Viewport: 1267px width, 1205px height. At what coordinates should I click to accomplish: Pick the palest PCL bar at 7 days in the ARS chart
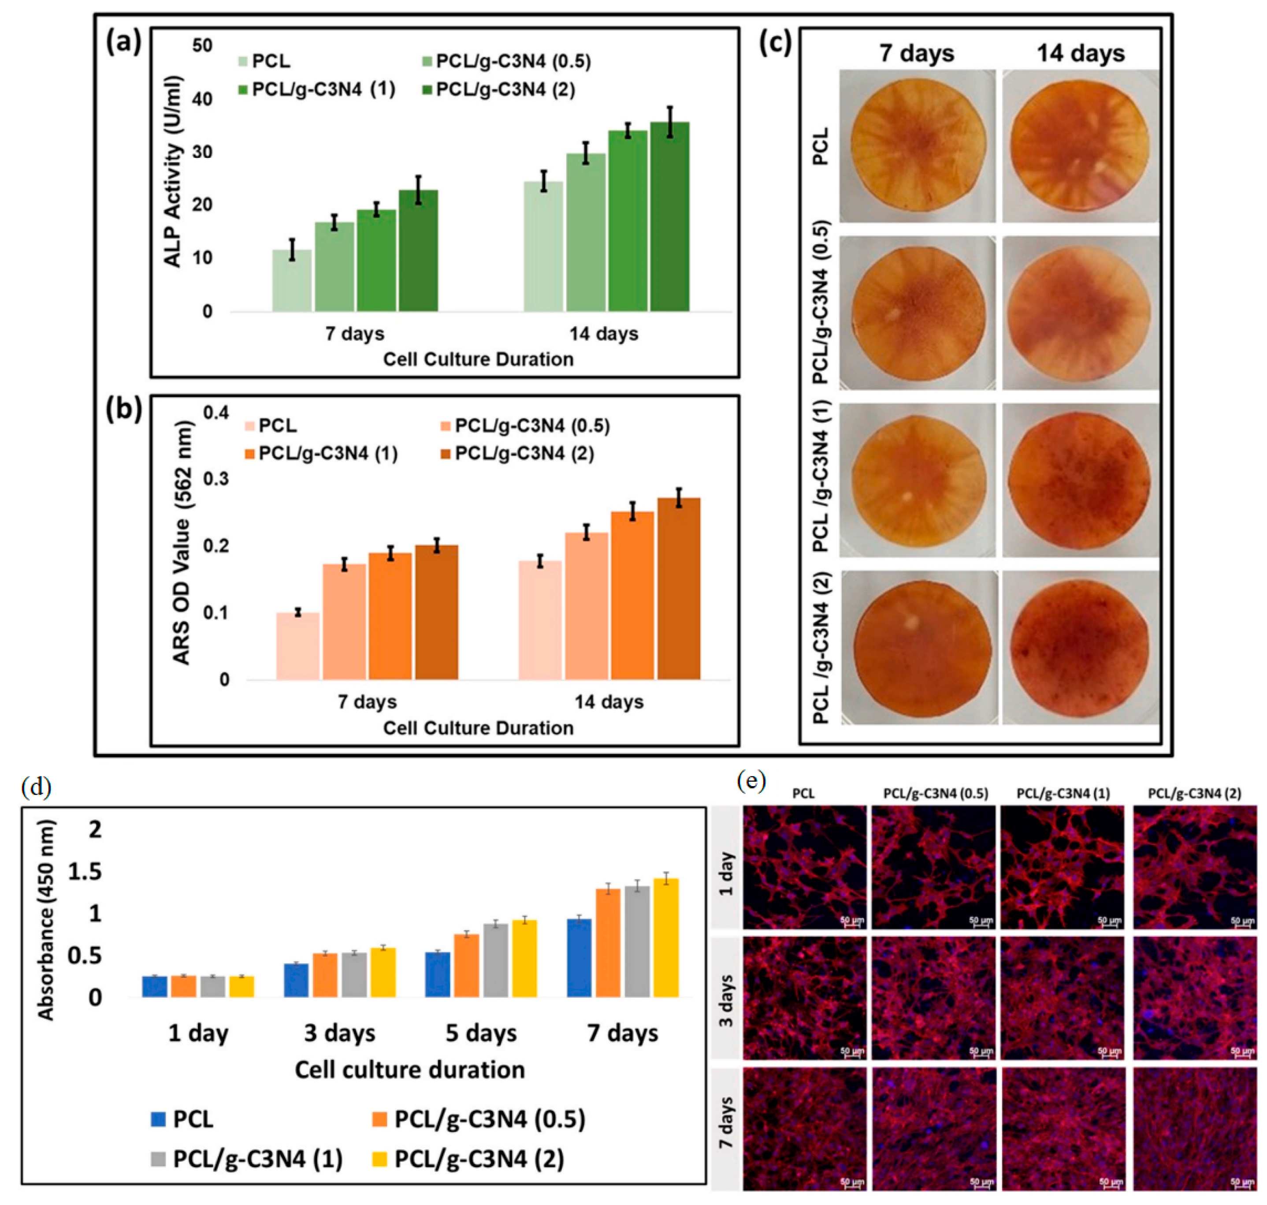click(x=297, y=646)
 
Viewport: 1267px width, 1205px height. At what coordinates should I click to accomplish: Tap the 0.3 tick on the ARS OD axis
click(x=216, y=479)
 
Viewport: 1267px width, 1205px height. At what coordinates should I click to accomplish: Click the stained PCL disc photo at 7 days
click(x=917, y=146)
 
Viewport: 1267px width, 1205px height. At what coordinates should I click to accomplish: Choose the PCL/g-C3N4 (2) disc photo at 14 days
click(x=1080, y=647)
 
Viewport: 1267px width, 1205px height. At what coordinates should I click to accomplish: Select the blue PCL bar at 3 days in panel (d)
click(x=296, y=980)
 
